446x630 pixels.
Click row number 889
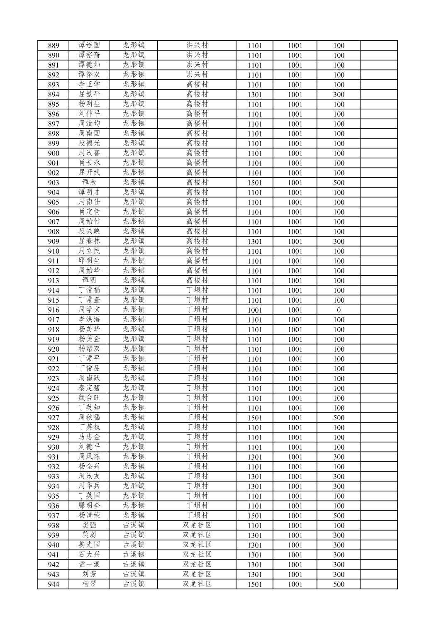pos(54,46)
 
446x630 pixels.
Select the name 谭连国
pos(89,45)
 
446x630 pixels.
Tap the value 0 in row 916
pos(339,310)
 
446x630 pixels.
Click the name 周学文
pos(89,310)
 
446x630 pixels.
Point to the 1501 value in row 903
pos(254,183)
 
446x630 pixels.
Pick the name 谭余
pos(89,182)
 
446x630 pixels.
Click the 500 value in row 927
pos(339,418)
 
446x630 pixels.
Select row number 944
pos(54,584)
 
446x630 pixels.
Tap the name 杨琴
pos(89,584)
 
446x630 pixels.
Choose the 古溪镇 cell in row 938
pos(134,525)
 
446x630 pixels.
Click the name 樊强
pos(89,525)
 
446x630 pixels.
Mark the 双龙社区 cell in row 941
pos(197,555)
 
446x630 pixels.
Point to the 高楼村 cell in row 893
pos(197,84)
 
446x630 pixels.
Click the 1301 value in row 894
pos(254,95)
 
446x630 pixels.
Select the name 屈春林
pos(89,241)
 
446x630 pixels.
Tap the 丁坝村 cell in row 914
pos(197,290)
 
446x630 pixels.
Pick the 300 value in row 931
pos(339,457)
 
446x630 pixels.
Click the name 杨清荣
pos(89,516)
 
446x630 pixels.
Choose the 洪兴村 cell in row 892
pos(197,75)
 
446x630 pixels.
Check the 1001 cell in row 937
pos(295,516)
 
